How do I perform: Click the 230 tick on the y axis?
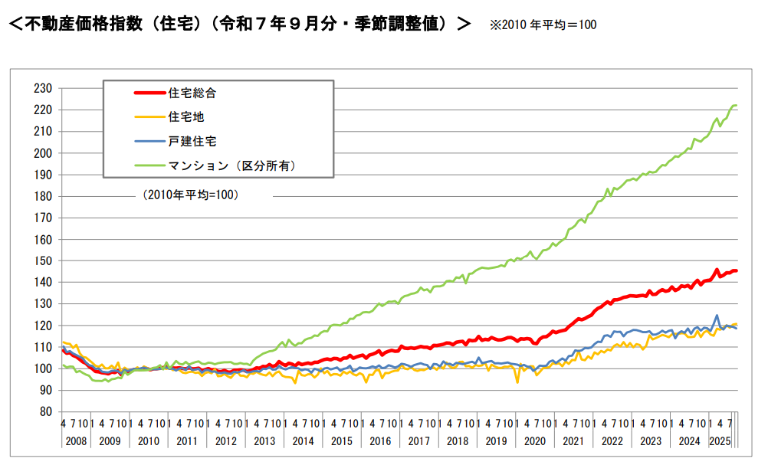pos(43,89)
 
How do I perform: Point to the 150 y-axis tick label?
pos(43,261)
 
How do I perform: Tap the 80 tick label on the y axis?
pos(46,412)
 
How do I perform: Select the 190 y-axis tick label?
pos(43,175)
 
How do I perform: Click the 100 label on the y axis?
pos(43,369)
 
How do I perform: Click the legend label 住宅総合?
pos(192,93)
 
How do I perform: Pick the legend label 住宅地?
pos(185,117)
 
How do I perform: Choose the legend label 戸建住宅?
pos(192,141)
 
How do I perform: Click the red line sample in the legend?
pos(149,93)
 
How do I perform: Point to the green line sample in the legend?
pos(149,165)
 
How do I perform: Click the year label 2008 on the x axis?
pos(77,441)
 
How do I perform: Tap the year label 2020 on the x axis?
pos(534,441)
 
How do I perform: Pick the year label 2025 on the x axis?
pos(719,441)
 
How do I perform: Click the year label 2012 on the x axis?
pos(226,441)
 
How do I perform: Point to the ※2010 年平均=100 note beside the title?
pos(543,25)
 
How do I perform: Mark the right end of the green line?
pos(736,106)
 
